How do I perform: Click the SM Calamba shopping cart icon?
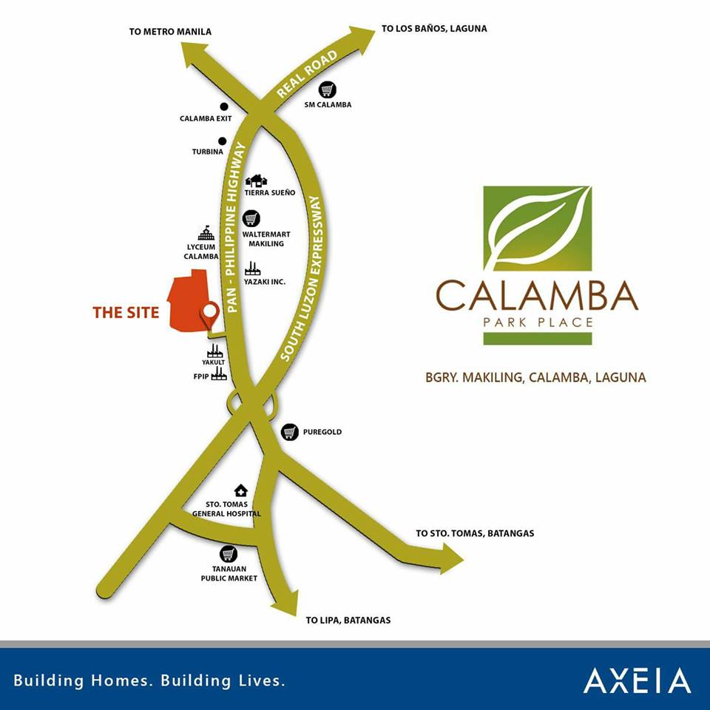[328, 89]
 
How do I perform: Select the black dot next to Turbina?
[222, 141]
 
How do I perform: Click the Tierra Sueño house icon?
[257, 180]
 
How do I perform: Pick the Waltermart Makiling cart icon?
[252, 219]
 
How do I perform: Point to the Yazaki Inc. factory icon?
[252, 268]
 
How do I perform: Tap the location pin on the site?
[210, 314]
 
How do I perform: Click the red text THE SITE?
[126, 313]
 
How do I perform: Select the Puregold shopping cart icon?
[290, 432]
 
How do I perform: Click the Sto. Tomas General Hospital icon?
[240, 490]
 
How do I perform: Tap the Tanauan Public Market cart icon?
[229, 554]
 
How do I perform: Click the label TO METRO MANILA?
[170, 32]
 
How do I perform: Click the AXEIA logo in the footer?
[637, 680]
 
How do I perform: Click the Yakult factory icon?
[215, 350]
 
